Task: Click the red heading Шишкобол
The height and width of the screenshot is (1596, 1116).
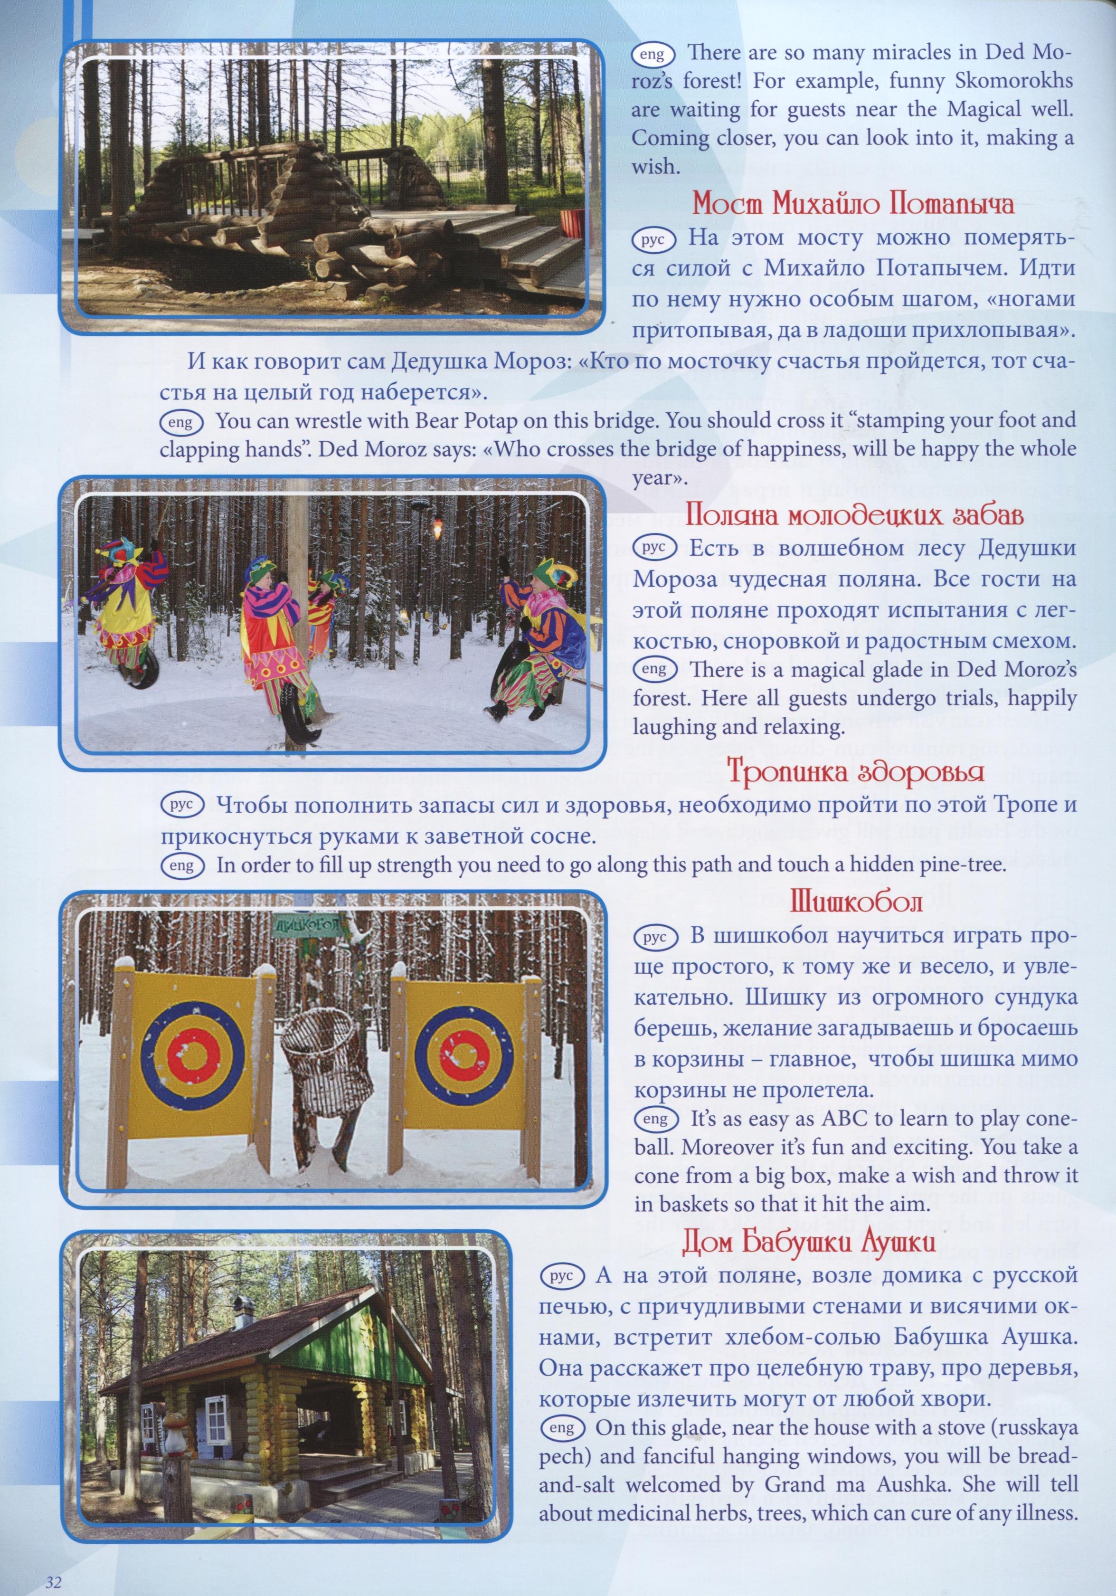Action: [x=856, y=902]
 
